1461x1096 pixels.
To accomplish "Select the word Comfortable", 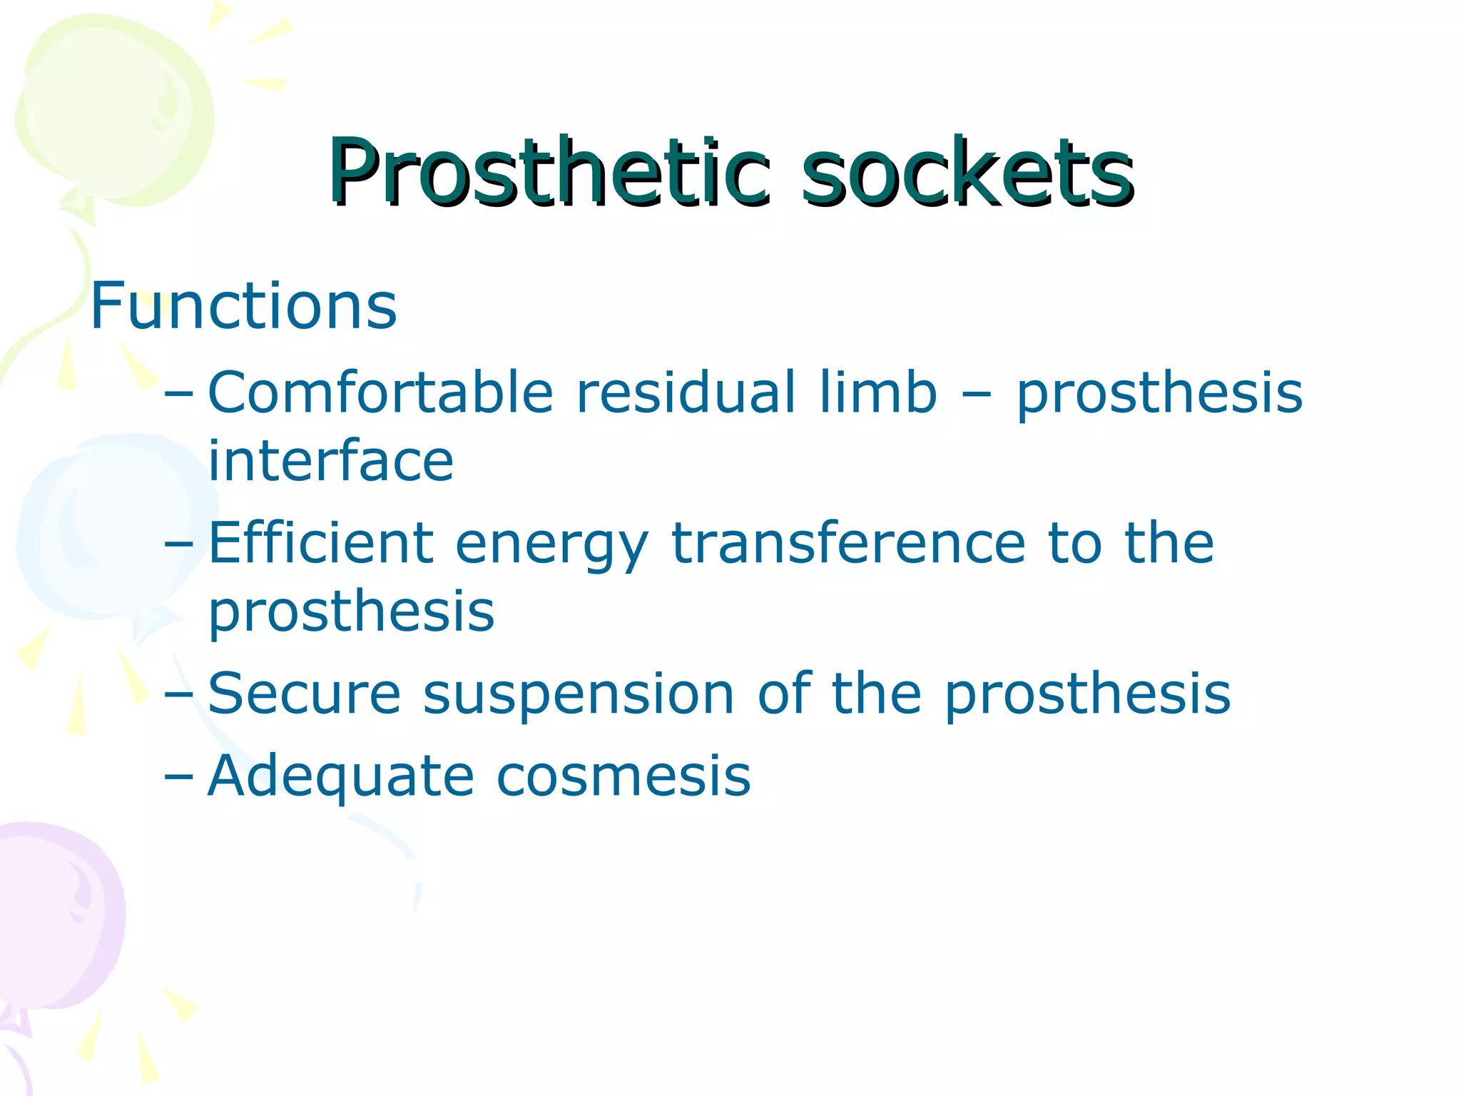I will pyautogui.click(x=380, y=392).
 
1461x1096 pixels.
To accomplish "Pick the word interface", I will pyautogui.click(x=330, y=460).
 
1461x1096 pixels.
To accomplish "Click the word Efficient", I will pyautogui.click(x=320, y=543).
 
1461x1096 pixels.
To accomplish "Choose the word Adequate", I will pyautogui.click(x=340, y=776).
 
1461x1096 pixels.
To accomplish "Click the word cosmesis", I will pyautogui.click(x=623, y=776).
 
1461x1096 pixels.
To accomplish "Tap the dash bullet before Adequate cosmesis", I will pyautogui.click(x=178, y=776).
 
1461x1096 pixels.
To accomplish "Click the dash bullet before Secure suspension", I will pyautogui.click(x=178, y=694).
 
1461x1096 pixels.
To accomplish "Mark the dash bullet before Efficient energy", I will pyautogui.click(x=178, y=544).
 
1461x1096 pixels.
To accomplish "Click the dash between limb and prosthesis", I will pyautogui.click(x=977, y=394).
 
